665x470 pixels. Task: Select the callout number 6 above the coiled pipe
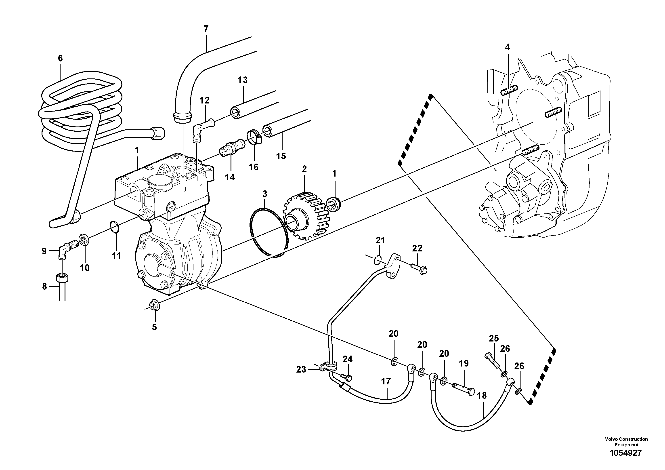tap(60, 58)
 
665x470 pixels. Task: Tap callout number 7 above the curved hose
tap(206, 29)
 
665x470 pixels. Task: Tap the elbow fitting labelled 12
tap(203, 127)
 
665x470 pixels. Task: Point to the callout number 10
tap(85, 268)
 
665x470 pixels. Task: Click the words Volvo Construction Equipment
tap(626, 442)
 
